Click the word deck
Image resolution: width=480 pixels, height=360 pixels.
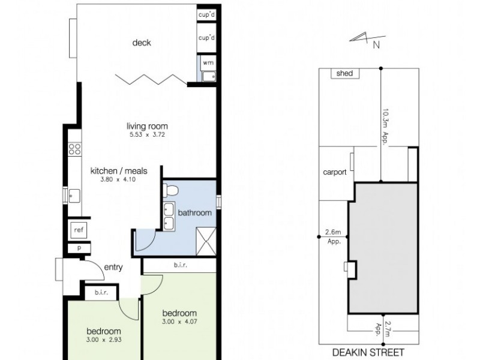pos(142,43)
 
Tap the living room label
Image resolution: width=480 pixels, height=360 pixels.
pos(147,126)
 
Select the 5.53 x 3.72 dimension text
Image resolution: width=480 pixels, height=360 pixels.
pos(146,135)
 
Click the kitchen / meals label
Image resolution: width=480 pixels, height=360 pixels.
pos(118,171)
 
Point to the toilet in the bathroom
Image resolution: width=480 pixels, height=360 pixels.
pos(172,191)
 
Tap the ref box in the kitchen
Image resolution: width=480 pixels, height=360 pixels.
pos(78,230)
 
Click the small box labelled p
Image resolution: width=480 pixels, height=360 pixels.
pos(78,248)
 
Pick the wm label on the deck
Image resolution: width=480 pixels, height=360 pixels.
pos(208,62)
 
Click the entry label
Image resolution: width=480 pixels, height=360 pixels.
pos(113,267)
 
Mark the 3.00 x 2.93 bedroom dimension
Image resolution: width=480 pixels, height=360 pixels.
pos(104,340)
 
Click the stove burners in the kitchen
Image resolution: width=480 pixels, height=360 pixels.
pos(75,149)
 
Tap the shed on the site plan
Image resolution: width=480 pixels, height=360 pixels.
pos(344,73)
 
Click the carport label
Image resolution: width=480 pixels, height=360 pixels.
pos(334,172)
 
